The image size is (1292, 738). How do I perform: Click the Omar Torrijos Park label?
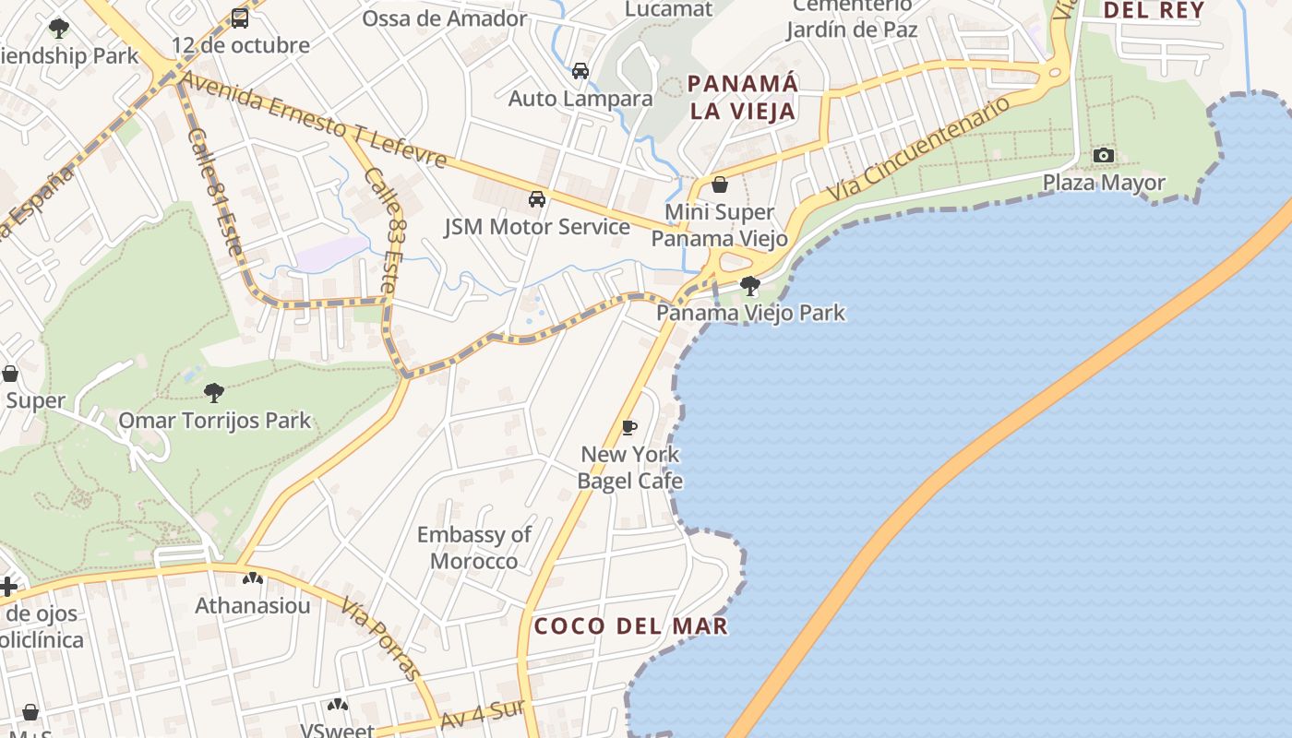[214, 422]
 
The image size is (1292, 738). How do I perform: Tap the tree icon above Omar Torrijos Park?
[214, 393]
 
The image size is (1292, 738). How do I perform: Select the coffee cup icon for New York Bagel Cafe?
[629, 426]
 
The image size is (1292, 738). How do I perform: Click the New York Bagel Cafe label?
[630, 467]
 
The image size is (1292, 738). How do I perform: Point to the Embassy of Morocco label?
[474, 547]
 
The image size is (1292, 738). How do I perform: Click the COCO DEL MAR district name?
[631, 626]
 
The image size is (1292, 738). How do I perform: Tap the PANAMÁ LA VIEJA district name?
[743, 98]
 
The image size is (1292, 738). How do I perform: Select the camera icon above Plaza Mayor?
[1104, 155]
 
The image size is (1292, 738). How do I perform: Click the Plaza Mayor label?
[1104, 183]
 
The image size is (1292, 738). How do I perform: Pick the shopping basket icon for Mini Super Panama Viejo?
[720, 184]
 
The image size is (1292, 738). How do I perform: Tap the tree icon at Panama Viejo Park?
[750, 285]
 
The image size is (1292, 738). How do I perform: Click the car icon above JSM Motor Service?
[537, 198]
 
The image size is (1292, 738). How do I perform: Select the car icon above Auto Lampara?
[580, 70]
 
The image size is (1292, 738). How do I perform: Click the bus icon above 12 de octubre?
[240, 18]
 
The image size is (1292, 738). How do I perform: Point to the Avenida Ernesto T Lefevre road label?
[314, 121]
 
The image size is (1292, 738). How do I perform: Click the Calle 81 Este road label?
[214, 192]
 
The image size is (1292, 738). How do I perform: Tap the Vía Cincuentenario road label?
[917, 150]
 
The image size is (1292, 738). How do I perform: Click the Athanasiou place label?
[252, 606]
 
